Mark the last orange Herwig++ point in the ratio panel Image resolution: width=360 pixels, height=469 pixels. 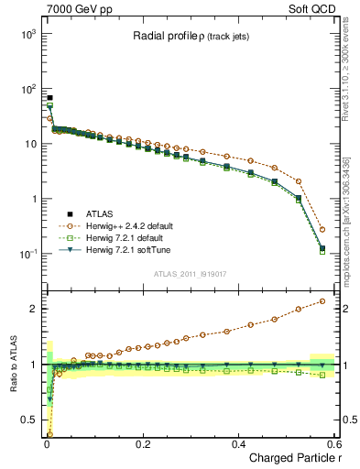click(322, 301)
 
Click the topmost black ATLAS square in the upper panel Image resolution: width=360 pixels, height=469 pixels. click(49, 98)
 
